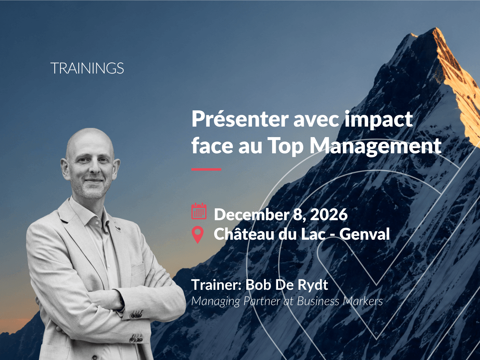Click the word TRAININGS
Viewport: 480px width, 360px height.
point(87,68)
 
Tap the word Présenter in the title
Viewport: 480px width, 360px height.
point(240,119)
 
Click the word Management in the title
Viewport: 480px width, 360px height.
point(376,147)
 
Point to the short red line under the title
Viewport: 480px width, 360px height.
point(206,169)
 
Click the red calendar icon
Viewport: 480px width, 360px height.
point(199,211)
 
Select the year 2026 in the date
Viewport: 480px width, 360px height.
point(329,214)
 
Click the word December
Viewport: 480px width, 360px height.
point(252,214)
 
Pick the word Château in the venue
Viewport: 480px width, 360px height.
point(244,234)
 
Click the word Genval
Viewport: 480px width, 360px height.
point(364,234)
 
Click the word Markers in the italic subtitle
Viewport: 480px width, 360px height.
point(363,301)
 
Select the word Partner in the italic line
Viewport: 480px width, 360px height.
point(262,301)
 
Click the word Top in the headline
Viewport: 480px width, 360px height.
point(285,147)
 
